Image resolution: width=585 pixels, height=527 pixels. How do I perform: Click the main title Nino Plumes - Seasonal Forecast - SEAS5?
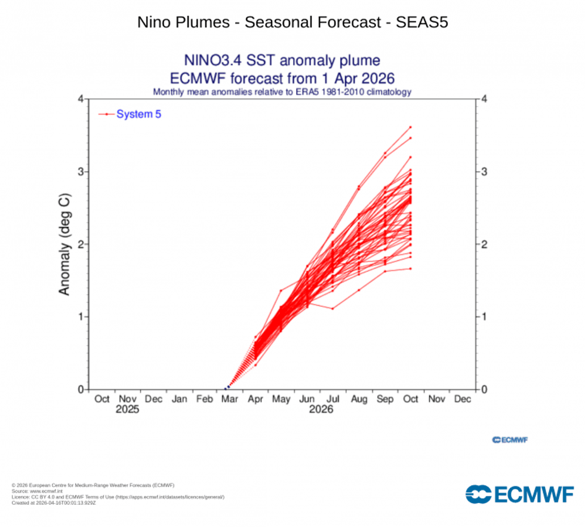tap(292, 23)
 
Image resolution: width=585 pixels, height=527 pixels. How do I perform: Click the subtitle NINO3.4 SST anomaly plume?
tap(282, 61)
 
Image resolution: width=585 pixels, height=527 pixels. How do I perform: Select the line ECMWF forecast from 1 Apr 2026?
tap(282, 78)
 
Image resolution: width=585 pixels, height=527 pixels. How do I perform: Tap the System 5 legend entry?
tap(138, 114)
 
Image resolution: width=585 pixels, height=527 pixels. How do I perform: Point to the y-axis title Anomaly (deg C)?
tap(64, 244)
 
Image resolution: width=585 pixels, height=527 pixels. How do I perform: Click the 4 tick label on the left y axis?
tap(79, 99)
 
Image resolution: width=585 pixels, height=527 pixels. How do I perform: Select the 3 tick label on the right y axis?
tap(485, 172)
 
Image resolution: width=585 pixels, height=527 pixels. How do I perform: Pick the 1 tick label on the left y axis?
tap(79, 317)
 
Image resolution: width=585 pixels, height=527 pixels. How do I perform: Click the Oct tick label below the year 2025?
tap(102, 399)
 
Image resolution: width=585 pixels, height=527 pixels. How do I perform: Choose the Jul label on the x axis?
tap(333, 399)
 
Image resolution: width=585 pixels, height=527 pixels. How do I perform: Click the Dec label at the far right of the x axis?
tap(462, 399)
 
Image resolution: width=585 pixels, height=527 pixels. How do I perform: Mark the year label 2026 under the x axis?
tap(321, 410)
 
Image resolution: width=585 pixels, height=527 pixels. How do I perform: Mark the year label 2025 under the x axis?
tap(127, 410)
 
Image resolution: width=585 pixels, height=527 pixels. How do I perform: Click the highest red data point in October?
tap(410, 127)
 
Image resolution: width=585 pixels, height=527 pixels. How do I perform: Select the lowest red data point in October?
tap(410, 269)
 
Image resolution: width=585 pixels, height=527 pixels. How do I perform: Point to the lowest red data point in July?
tap(333, 308)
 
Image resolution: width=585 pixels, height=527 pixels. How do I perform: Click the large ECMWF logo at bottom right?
tap(519, 494)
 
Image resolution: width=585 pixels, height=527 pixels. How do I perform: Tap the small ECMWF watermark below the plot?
tap(510, 440)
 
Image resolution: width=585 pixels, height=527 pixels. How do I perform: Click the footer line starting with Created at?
tap(54, 503)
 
